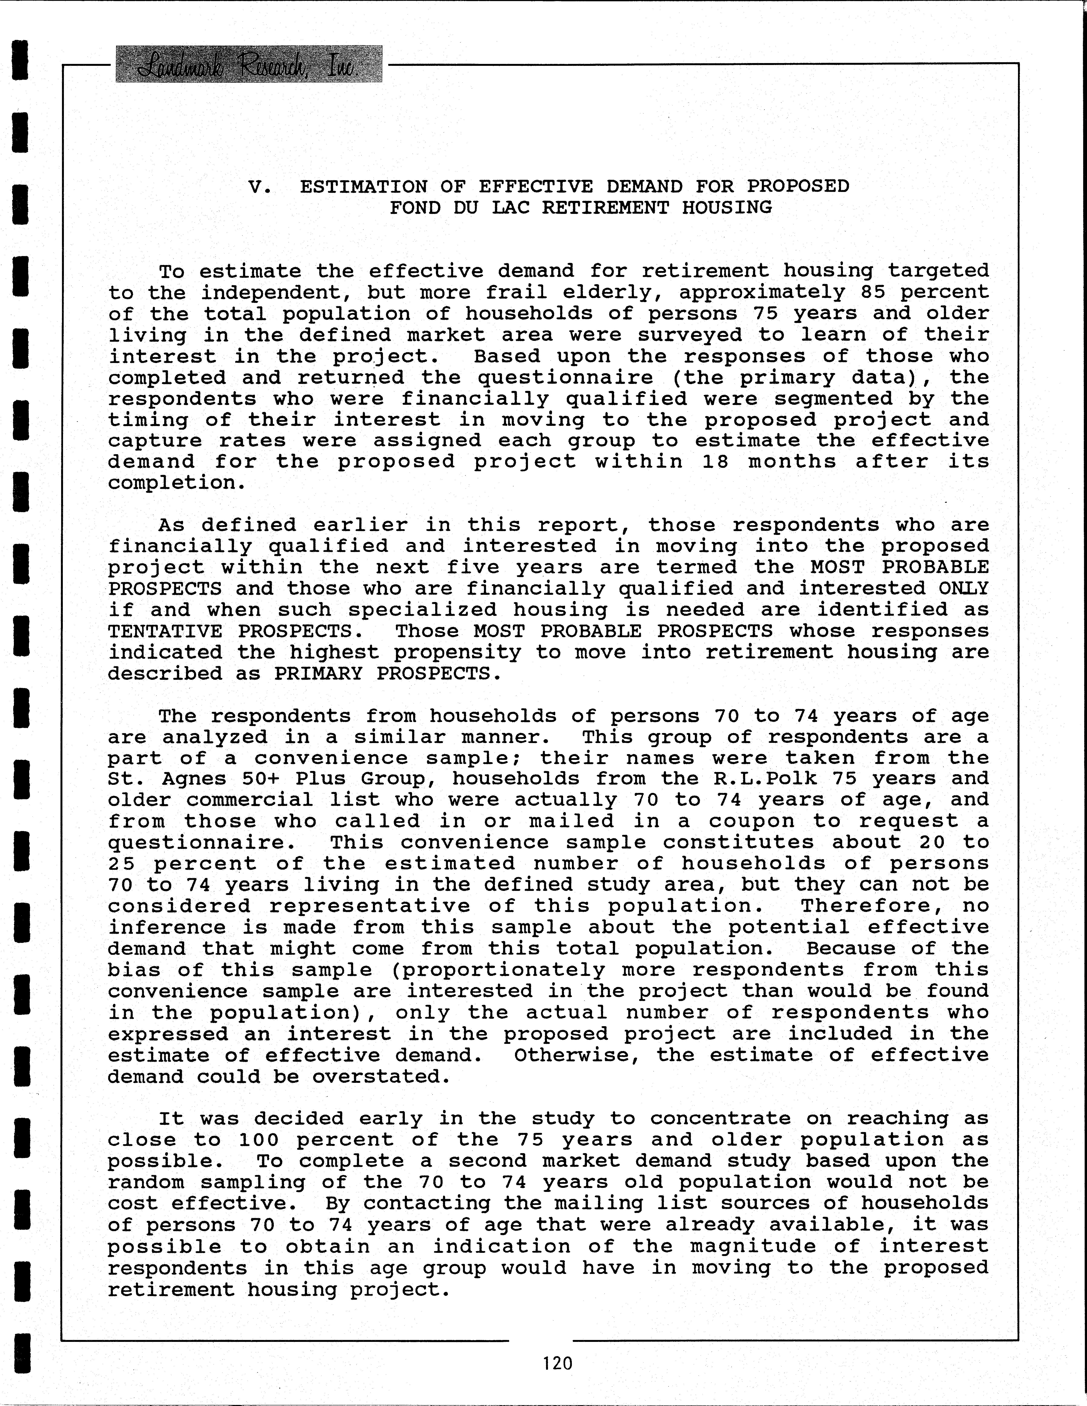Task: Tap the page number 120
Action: point(557,1363)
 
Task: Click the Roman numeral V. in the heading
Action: point(259,187)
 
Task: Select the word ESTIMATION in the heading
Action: point(363,187)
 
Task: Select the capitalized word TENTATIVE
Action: point(165,631)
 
